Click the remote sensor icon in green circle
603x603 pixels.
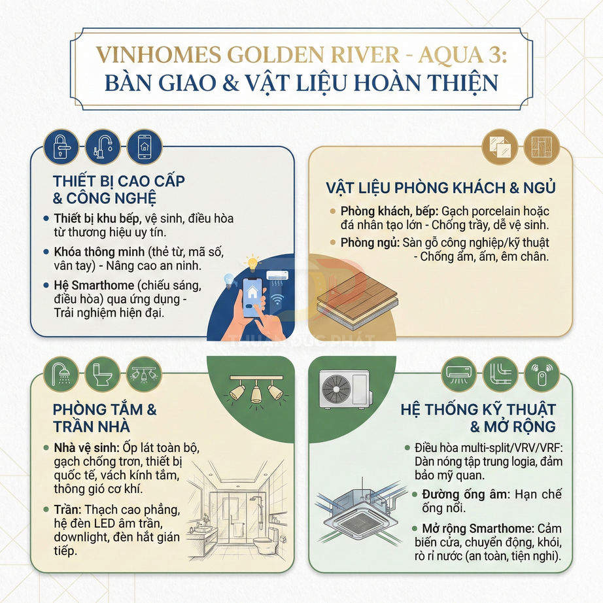pos(543,374)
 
